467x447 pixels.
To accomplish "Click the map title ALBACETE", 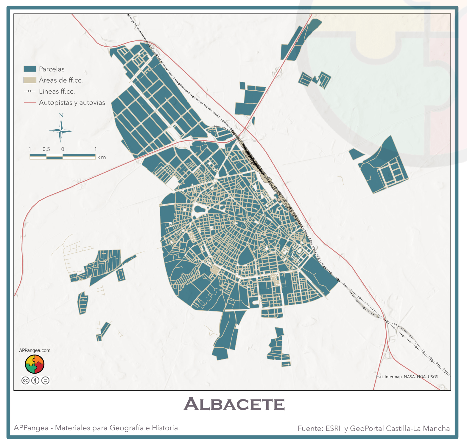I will click(x=234, y=404).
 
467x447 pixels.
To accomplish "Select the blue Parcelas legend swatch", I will click(x=30, y=69).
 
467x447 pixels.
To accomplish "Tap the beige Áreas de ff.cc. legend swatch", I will click(x=30, y=80).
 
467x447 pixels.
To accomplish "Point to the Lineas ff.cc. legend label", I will click(x=57, y=91).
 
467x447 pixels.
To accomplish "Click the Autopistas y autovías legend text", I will click(x=72, y=103).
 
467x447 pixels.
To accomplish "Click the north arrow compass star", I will click(x=61, y=131).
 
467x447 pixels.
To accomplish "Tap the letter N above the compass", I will click(x=61, y=116).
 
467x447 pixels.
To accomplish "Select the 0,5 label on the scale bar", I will click(x=46, y=149).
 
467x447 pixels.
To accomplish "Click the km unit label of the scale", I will click(x=102, y=157).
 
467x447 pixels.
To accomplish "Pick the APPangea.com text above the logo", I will click(x=35, y=350).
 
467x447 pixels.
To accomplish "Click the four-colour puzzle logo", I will click(x=35, y=364).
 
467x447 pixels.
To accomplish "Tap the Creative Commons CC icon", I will click(x=26, y=380).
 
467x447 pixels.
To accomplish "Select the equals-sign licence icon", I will click(x=45, y=380).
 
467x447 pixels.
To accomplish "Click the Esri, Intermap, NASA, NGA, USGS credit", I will click(x=407, y=377).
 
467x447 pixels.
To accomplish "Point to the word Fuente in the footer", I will click(x=310, y=428).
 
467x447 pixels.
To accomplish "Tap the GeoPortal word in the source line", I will click(x=367, y=428).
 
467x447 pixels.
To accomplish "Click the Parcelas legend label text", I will click(x=52, y=69).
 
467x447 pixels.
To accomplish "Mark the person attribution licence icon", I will click(x=35, y=380).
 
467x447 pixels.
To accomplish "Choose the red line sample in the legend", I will click(x=30, y=103).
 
